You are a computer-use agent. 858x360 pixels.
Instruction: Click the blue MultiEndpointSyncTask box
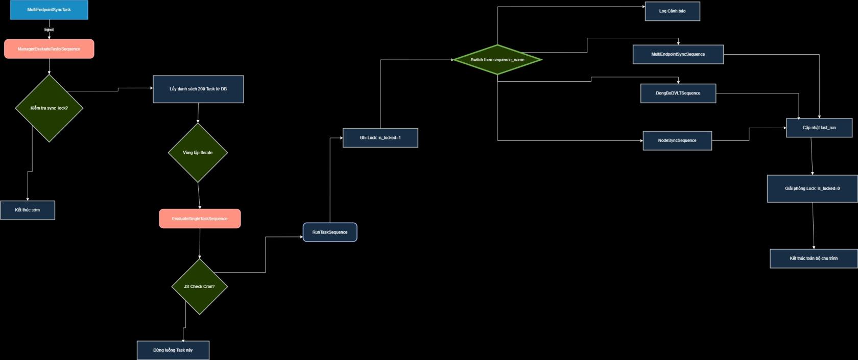coord(49,10)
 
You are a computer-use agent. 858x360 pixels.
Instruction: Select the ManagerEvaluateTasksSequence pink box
coord(49,49)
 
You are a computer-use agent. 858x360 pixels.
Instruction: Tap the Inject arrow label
coord(49,30)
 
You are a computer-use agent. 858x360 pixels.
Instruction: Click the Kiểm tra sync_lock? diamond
coord(49,108)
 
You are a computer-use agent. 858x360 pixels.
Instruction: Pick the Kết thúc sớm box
coord(28,210)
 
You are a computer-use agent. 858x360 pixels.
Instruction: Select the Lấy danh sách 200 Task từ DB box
coord(198,89)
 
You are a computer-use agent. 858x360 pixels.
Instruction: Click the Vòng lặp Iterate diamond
coord(198,153)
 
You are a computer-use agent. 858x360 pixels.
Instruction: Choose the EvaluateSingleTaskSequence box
coord(200,219)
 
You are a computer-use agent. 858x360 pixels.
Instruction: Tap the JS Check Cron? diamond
coord(199,286)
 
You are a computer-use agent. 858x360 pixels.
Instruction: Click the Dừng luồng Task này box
coord(173,350)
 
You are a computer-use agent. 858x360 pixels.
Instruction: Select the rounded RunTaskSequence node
coord(330,232)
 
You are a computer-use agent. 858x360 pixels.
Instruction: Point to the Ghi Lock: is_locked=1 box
coord(380,138)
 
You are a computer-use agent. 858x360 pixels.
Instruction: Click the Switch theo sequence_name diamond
coord(497,60)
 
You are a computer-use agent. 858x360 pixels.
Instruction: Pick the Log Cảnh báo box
coord(672,11)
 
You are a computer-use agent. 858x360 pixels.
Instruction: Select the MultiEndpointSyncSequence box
coord(678,54)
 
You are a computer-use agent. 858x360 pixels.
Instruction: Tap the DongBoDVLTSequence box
coord(678,93)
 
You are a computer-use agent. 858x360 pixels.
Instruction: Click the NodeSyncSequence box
coord(677,140)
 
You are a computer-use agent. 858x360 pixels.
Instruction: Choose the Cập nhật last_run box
coord(819,128)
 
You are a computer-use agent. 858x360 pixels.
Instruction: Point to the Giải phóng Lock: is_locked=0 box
coord(812,188)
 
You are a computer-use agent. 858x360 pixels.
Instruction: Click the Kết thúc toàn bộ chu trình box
coord(814,258)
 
